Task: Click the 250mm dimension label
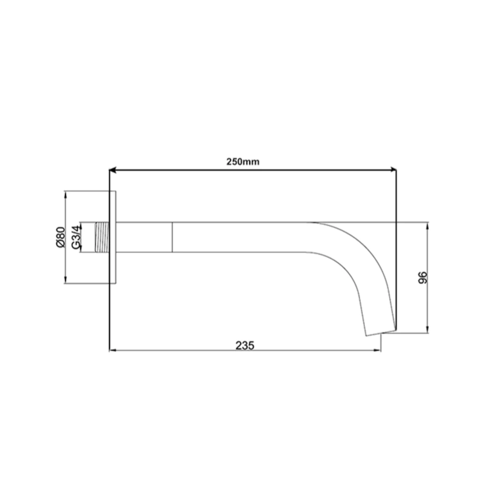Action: pyautogui.click(x=243, y=162)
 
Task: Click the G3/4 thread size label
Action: pyautogui.click(x=76, y=237)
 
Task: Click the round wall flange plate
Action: pyautogui.click(x=113, y=238)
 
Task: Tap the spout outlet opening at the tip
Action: pyautogui.click(x=381, y=332)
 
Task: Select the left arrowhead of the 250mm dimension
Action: pyautogui.click(x=113, y=171)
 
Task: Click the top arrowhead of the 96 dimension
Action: pyautogui.click(x=428, y=225)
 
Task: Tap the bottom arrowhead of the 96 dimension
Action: pyautogui.click(x=428, y=330)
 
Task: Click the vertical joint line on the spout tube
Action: pyautogui.click(x=172, y=238)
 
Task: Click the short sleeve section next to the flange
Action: pyautogui.click(x=144, y=238)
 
